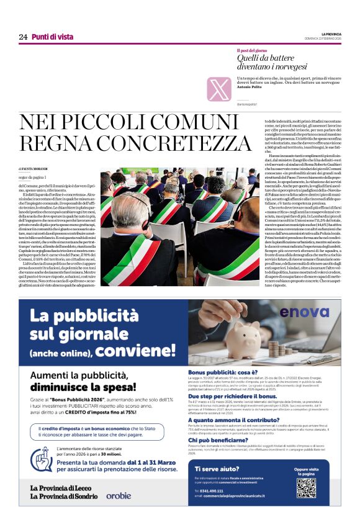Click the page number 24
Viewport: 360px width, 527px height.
click(x=23, y=37)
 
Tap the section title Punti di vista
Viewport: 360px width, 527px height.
click(x=53, y=37)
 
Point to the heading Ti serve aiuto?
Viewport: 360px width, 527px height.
click(x=215, y=469)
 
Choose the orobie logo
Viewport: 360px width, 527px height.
click(x=118, y=495)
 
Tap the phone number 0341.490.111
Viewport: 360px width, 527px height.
click(x=215, y=490)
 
